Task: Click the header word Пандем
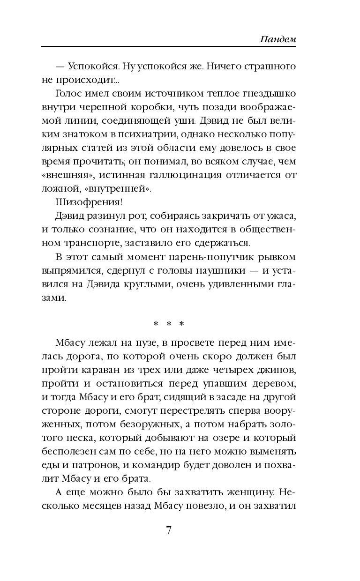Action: coord(278,39)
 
